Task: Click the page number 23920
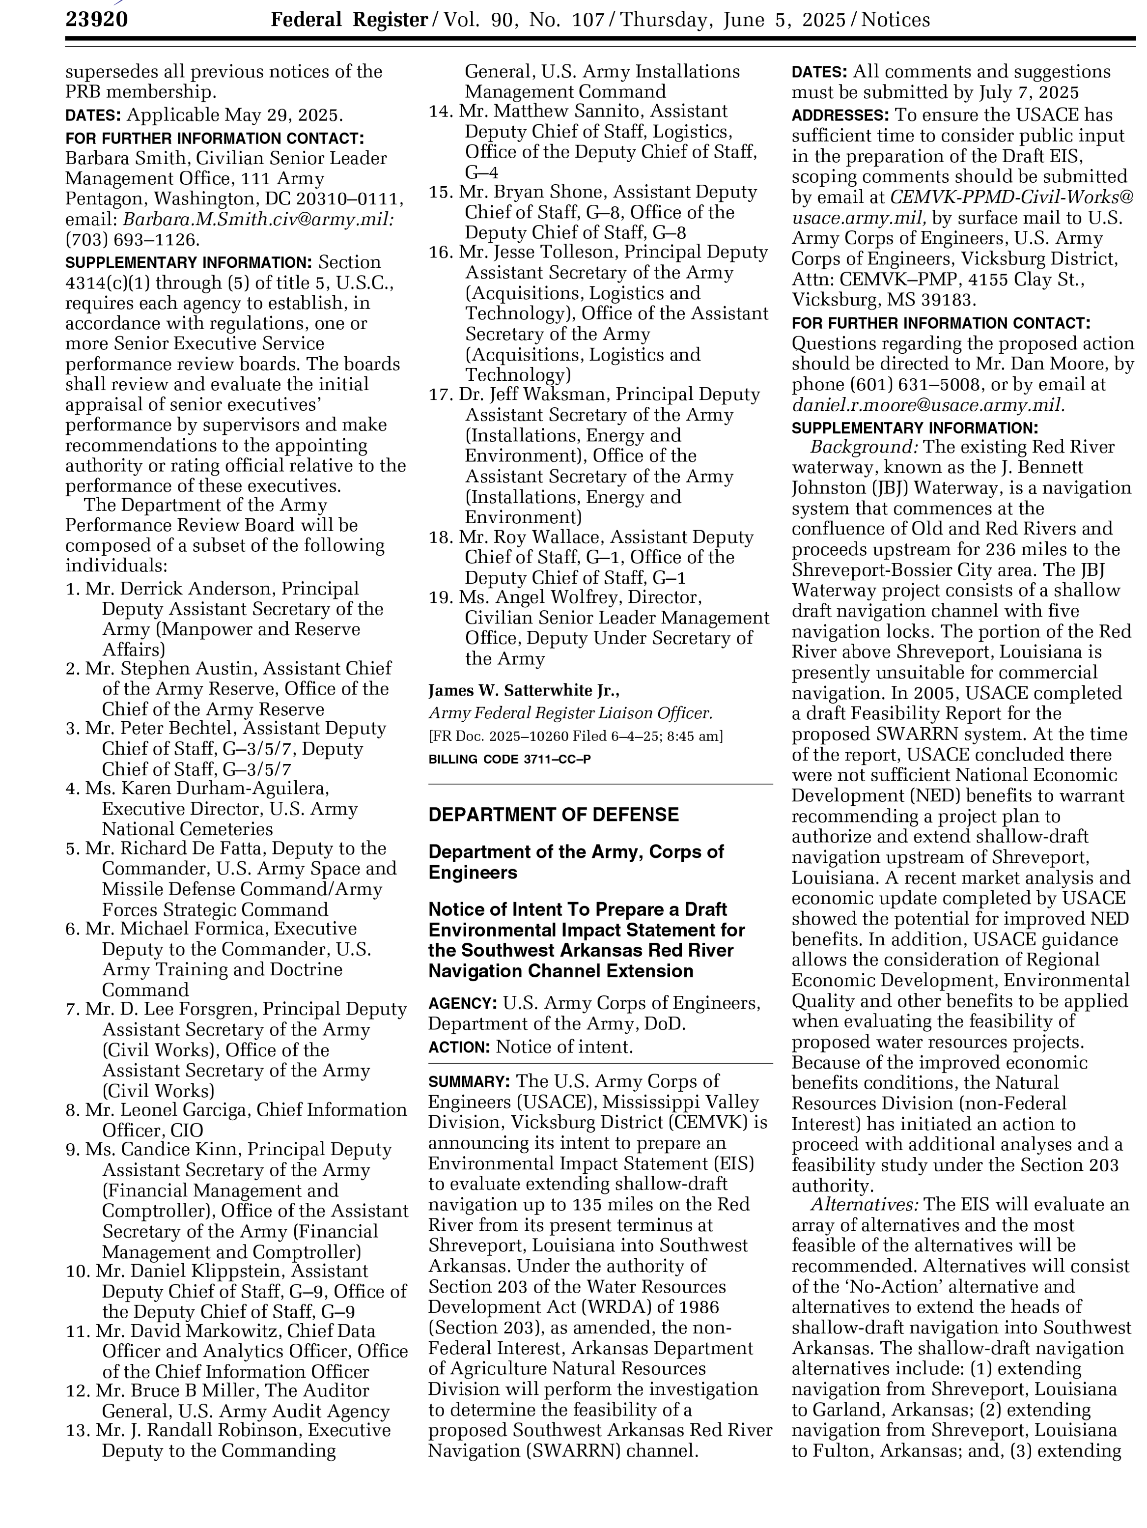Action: (x=97, y=20)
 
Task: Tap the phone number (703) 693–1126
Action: (x=132, y=240)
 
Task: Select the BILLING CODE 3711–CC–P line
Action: (x=509, y=759)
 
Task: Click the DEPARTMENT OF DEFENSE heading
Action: (x=553, y=815)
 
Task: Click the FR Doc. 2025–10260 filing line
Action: (x=575, y=736)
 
